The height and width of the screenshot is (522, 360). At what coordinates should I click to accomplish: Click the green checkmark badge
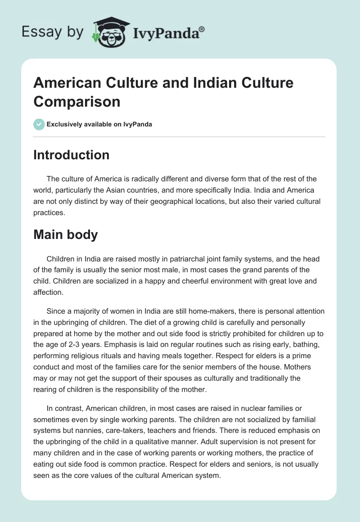point(39,124)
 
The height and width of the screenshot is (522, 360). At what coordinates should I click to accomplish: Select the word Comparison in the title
point(77,101)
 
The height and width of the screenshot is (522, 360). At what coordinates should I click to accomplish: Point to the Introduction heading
point(72,155)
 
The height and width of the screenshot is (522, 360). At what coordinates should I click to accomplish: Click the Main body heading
point(66,234)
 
